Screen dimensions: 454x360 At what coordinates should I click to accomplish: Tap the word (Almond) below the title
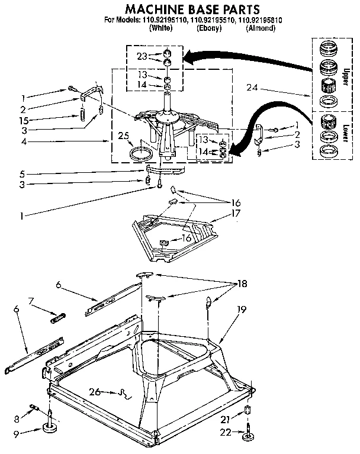click(x=260, y=28)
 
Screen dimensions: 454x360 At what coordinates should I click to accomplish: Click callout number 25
click(x=123, y=136)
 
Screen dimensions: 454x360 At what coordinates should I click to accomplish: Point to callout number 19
click(x=241, y=308)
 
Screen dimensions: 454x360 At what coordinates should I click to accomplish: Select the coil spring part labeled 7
click(x=57, y=318)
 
